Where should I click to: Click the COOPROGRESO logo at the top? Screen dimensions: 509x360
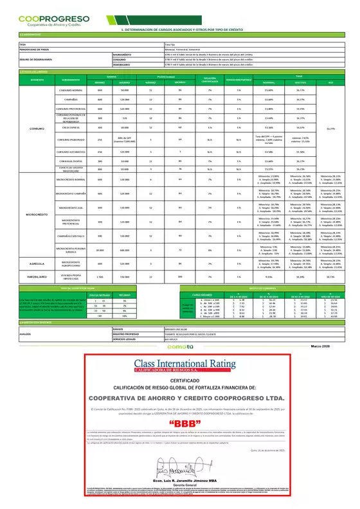tap(46, 21)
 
